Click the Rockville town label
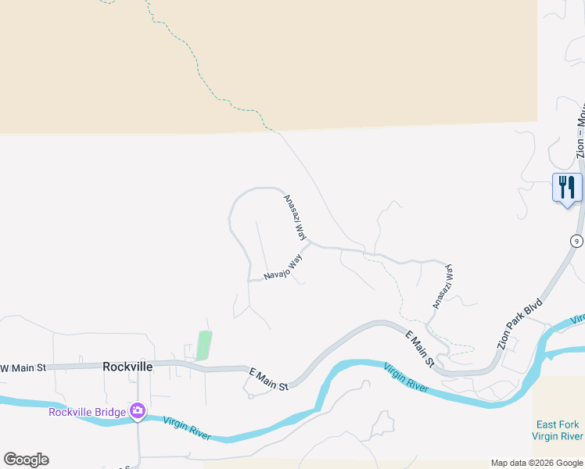coord(127,366)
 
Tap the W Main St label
coord(24,367)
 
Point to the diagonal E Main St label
coord(421,348)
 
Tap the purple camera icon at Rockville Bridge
coord(138,410)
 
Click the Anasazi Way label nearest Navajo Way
coord(295,217)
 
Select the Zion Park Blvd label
coord(520,316)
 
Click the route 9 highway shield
coord(576,241)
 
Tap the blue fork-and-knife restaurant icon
coord(567,188)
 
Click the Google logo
coord(26,460)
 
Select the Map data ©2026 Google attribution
coord(537,463)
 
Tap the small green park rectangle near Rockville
coord(204,345)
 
